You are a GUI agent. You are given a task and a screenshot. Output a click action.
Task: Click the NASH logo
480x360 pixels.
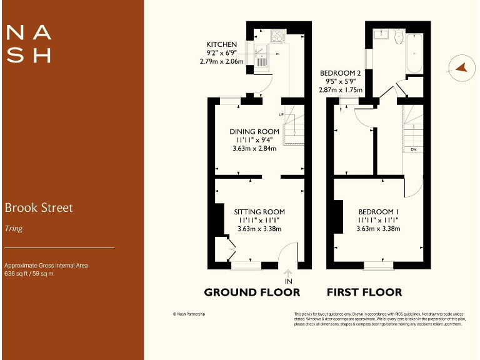pyautogui.click(x=28, y=44)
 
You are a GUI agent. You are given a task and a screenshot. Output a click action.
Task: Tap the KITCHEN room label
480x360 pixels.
pyautogui.click(x=221, y=44)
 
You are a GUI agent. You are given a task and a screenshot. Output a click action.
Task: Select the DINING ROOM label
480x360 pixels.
pyautogui.click(x=254, y=131)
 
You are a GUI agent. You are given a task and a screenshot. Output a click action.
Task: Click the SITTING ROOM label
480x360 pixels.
pyautogui.click(x=259, y=212)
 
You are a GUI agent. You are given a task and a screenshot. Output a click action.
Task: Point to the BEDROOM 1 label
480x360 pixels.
pyautogui.click(x=378, y=212)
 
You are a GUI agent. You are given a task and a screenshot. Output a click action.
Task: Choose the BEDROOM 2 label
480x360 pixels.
pyautogui.click(x=341, y=73)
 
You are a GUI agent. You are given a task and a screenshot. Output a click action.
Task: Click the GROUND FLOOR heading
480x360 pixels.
pyautogui.click(x=252, y=292)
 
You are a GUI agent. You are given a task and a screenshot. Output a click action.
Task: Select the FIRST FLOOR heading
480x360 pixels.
pyautogui.click(x=364, y=292)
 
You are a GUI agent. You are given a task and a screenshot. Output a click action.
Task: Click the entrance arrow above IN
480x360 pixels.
pyautogui.click(x=288, y=272)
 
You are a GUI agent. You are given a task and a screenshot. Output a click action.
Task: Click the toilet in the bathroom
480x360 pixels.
pyautogui.click(x=398, y=36)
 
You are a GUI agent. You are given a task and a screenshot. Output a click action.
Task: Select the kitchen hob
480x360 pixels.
pyautogui.click(x=277, y=36)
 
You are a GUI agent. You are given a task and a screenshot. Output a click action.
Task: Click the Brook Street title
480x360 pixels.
pyautogui.click(x=39, y=207)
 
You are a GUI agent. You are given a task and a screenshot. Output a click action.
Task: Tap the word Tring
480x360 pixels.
pyautogui.click(x=14, y=229)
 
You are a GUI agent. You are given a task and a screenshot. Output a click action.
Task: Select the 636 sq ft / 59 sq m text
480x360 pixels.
pyautogui.click(x=29, y=274)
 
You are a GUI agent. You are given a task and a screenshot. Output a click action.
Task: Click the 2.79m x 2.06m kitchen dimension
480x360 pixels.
pyautogui.click(x=221, y=61)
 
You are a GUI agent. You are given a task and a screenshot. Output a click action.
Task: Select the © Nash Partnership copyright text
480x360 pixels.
pyautogui.click(x=189, y=314)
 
